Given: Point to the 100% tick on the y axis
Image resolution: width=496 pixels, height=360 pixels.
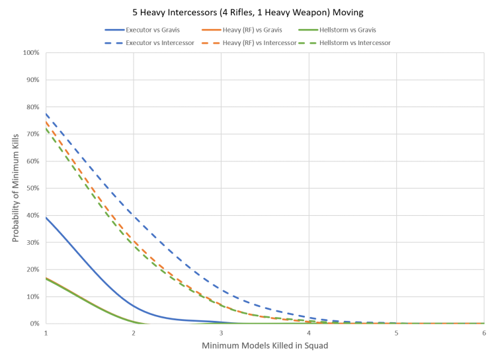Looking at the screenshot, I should click(x=31, y=52).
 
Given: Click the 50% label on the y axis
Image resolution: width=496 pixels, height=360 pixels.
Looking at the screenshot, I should click(x=32, y=188).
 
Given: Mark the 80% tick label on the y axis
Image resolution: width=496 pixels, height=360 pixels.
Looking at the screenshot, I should click(x=32, y=107).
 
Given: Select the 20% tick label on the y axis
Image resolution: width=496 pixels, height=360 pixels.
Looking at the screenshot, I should click(x=32, y=269).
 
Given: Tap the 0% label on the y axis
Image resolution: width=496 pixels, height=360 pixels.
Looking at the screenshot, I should click(x=34, y=324).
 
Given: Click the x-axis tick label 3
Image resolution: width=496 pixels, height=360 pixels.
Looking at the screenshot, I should click(x=222, y=332).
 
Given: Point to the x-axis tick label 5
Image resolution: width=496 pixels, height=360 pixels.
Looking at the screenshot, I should click(x=397, y=332).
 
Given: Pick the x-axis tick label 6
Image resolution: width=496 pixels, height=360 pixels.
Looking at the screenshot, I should click(x=484, y=332).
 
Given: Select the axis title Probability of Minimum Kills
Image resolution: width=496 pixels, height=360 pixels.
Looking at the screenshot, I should click(x=14, y=188).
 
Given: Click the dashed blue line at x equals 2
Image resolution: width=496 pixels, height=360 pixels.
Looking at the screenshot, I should click(x=134, y=214).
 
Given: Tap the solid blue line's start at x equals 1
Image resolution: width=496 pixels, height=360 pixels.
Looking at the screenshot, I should click(x=46, y=217).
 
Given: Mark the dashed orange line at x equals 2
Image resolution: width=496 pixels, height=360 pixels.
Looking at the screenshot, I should click(x=134, y=242).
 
